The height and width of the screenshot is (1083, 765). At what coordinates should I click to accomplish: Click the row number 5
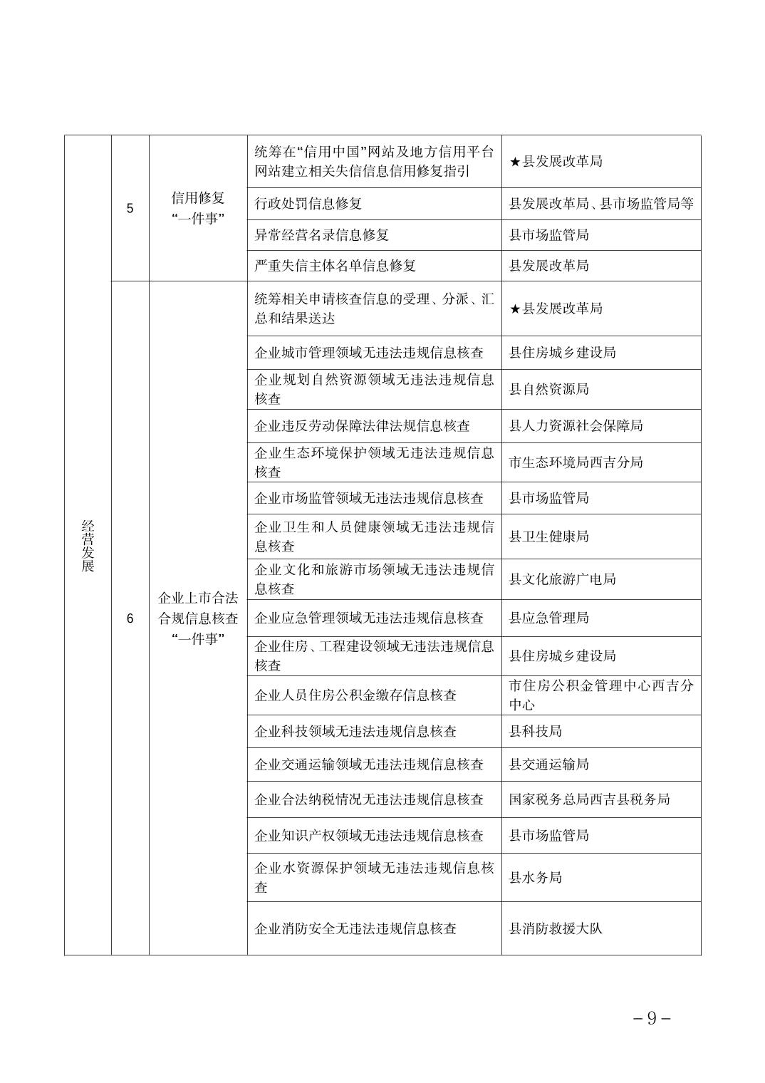point(130,209)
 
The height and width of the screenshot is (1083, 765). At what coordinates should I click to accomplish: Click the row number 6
point(130,618)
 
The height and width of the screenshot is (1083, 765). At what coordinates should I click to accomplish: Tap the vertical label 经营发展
point(88,546)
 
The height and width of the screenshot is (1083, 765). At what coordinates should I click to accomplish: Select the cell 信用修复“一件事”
point(198,208)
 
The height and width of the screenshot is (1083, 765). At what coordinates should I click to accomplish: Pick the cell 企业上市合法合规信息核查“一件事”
point(198,618)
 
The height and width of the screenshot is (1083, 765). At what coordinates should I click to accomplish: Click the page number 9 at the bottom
point(652,1018)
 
